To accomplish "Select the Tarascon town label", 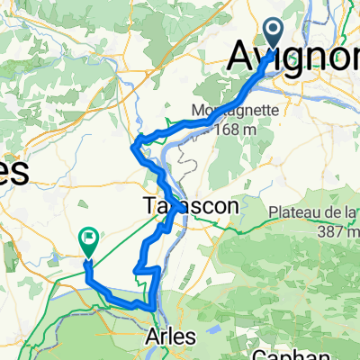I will (x=191, y=206).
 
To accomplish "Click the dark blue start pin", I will (x=274, y=36).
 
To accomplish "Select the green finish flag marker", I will (x=88, y=239).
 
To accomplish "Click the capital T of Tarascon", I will (x=149, y=206).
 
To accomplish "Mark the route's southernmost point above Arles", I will (x=153, y=309).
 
